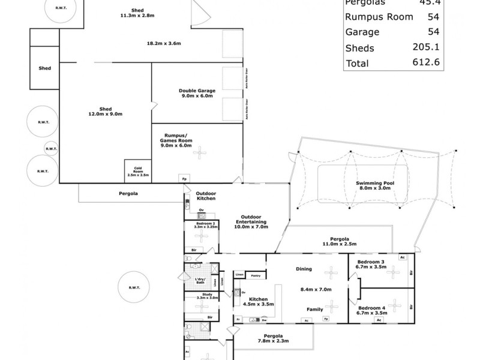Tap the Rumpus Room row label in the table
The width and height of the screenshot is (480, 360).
point(379,17)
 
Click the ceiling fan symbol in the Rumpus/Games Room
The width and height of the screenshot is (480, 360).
point(197,153)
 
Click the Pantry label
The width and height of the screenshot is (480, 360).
point(255,275)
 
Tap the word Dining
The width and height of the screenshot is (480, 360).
point(305,269)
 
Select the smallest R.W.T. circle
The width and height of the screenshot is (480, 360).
point(52,148)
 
